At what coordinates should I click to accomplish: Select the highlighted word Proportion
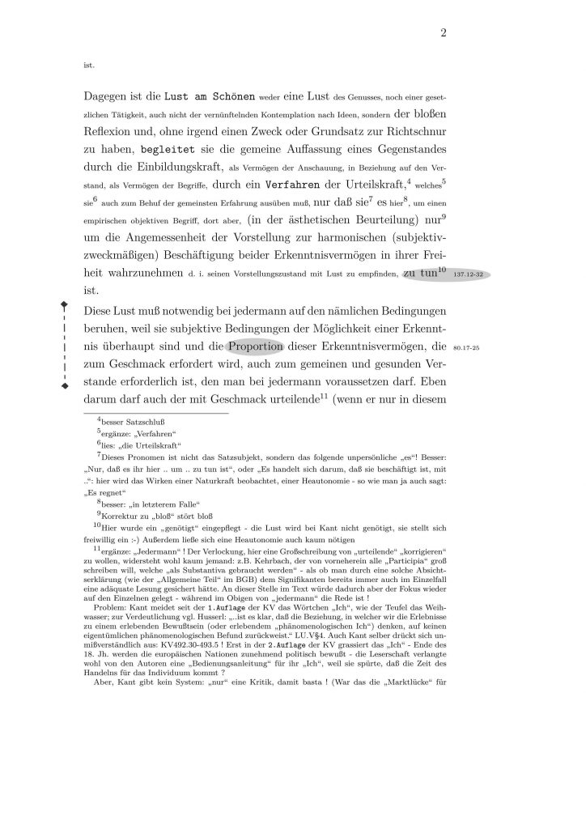(x=255, y=348)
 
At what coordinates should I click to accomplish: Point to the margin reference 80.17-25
(x=468, y=349)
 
